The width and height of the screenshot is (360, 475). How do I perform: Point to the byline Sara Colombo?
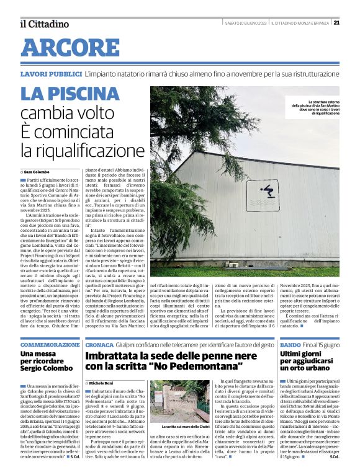click(x=37, y=171)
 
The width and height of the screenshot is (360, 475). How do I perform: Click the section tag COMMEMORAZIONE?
click(x=50, y=344)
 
